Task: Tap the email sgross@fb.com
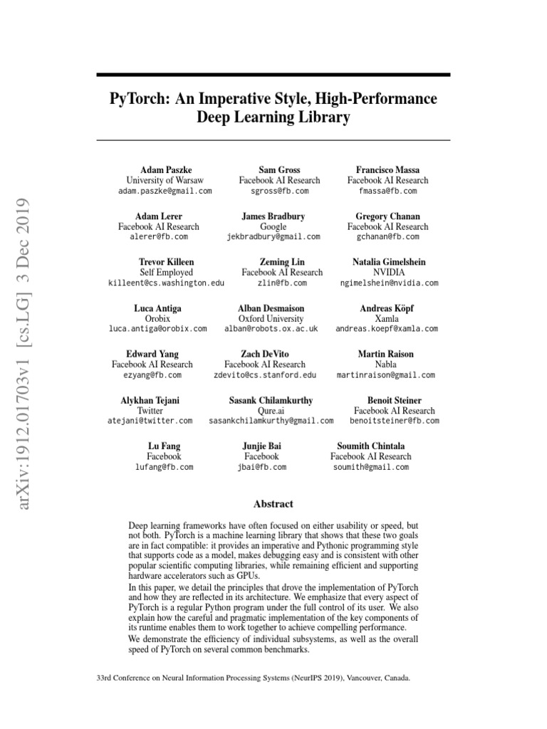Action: (x=279, y=192)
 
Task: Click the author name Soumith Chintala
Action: (x=370, y=446)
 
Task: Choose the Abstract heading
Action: (x=273, y=504)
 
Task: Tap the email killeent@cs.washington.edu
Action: (x=165, y=283)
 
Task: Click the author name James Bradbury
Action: (x=273, y=216)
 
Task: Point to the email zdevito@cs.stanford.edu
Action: (x=264, y=375)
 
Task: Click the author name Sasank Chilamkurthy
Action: (x=271, y=401)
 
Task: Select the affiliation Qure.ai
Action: (x=271, y=411)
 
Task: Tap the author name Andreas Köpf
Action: (x=387, y=308)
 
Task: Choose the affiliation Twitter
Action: (x=150, y=411)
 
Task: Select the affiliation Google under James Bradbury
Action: (x=273, y=226)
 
